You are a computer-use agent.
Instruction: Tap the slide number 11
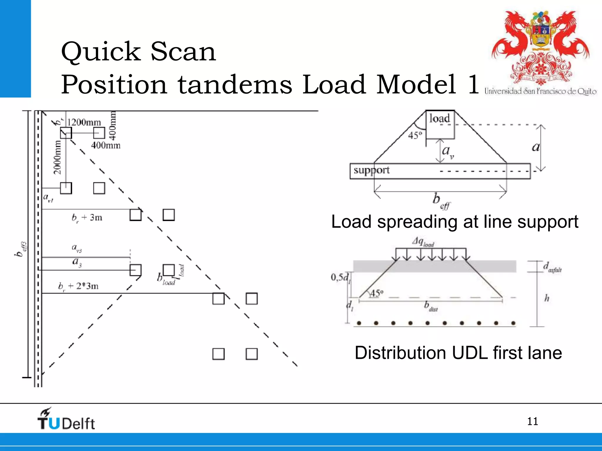pos(532,422)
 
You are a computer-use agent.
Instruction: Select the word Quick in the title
pos(101,52)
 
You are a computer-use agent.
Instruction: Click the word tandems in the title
pos(235,85)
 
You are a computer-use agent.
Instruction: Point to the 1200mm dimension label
pos(84,122)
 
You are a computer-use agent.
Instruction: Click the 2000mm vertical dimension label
pos(57,157)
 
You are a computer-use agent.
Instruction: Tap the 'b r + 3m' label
pos(87,218)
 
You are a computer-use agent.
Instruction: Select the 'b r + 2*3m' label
pos(78,286)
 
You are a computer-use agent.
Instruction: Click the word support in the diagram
pos(371,170)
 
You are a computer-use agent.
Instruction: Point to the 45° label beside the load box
pos(415,135)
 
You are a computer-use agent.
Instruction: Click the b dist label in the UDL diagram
pos(431,306)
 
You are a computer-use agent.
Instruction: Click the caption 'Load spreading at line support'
pos(454,222)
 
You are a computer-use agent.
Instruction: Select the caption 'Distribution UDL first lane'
pos(458,353)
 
